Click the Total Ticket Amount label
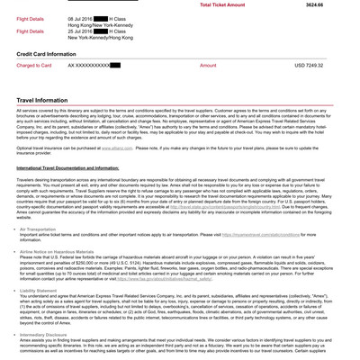pos(222,4)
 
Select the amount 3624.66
pos(314,4)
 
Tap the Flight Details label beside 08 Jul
pos(30,18)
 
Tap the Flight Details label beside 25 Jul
pos(30,31)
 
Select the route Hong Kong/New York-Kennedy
pos(100,24)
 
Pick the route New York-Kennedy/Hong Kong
pos(100,38)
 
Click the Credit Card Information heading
pos(46,54)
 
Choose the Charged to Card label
pos(34,66)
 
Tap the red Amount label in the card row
pos(208,66)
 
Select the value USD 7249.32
pos(309,66)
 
